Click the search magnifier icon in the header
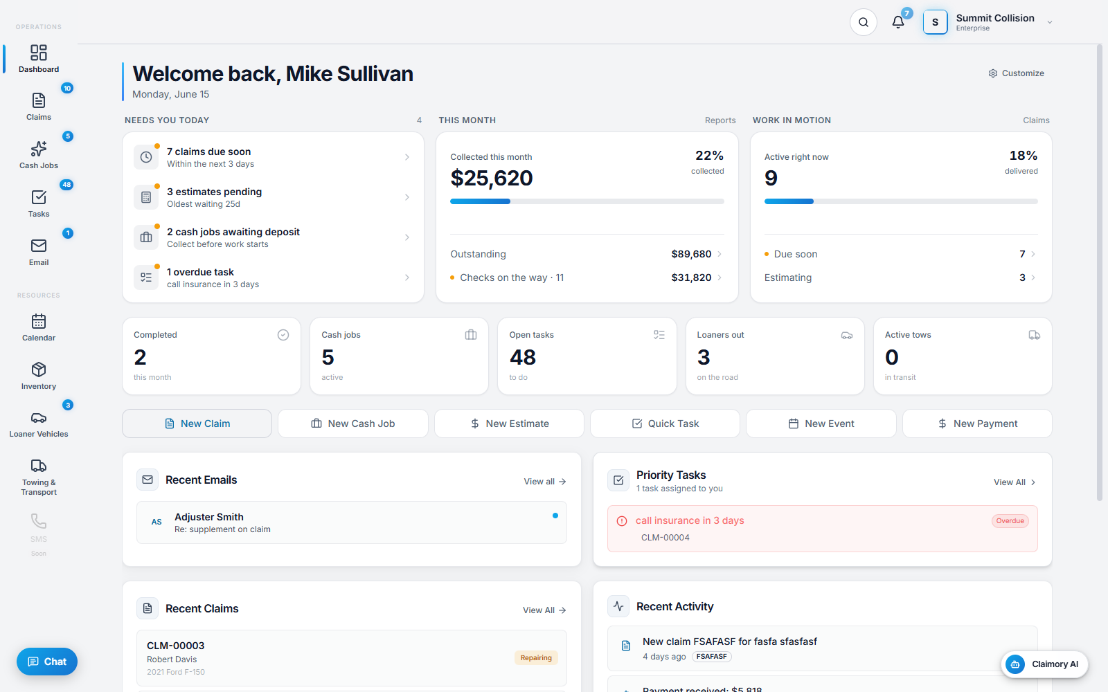[x=863, y=22]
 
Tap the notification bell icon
[x=897, y=22]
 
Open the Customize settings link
[x=1016, y=73]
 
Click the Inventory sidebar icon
[x=39, y=370]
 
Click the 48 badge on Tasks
[x=66, y=185]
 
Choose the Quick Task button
[x=665, y=424]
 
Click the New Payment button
[x=977, y=424]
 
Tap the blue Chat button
[x=47, y=662]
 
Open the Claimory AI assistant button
[x=1045, y=664]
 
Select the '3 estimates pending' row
[x=273, y=197]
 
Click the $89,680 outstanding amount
[x=691, y=254]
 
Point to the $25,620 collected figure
[x=491, y=178]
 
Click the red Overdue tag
[x=1010, y=521]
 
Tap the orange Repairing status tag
[x=536, y=658]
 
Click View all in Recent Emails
[x=544, y=482]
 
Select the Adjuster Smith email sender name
[x=208, y=517]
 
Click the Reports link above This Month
[x=720, y=120]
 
